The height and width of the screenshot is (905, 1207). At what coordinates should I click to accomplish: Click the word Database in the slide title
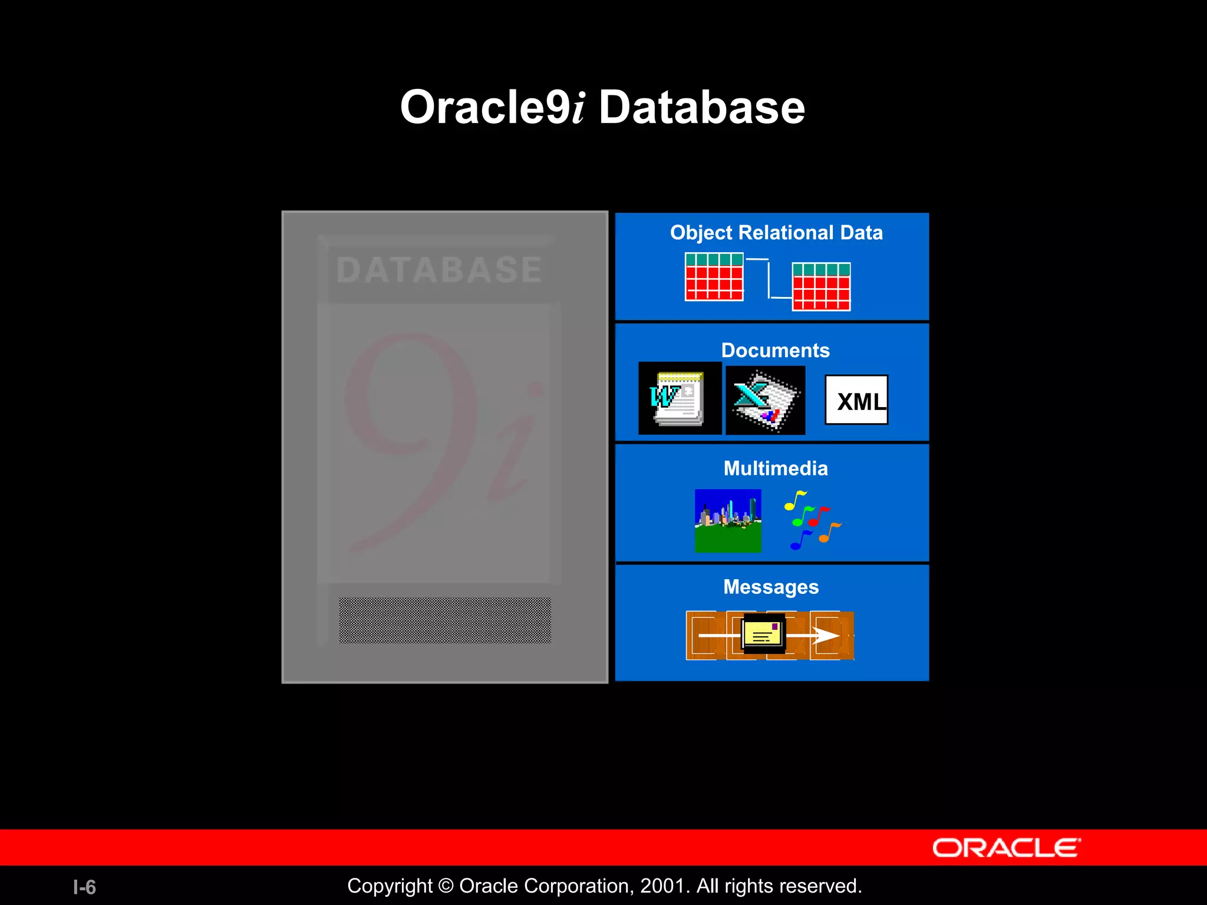click(701, 108)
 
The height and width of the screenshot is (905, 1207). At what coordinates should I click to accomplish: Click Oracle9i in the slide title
click(492, 108)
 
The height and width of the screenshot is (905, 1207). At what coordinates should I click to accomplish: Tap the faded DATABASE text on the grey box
click(439, 270)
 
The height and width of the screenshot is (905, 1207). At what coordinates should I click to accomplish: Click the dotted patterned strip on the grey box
click(445, 620)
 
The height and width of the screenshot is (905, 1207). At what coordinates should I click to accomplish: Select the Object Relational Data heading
click(776, 233)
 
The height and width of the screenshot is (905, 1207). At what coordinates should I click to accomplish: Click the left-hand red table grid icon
click(714, 277)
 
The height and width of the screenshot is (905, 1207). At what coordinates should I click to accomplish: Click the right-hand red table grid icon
click(821, 286)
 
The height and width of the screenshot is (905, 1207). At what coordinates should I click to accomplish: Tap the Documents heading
click(775, 351)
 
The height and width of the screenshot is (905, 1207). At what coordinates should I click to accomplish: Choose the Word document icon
click(679, 398)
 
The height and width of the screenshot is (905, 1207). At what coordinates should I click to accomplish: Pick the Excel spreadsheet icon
click(764, 401)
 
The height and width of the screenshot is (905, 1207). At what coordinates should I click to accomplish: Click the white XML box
click(856, 400)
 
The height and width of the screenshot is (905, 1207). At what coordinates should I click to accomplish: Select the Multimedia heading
click(775, 468)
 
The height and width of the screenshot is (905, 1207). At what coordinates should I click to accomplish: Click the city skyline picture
click(727, 521)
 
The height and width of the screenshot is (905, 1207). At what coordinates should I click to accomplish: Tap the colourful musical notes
click(812, 520)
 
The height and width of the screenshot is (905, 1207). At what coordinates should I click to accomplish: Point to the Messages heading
click(771, 587)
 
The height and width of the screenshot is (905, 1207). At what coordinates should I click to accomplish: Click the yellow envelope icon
click(763, 633)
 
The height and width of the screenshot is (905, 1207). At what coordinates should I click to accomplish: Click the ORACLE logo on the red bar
click(1006, 848)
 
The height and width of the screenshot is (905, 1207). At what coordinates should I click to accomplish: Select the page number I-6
click(84, 887)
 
